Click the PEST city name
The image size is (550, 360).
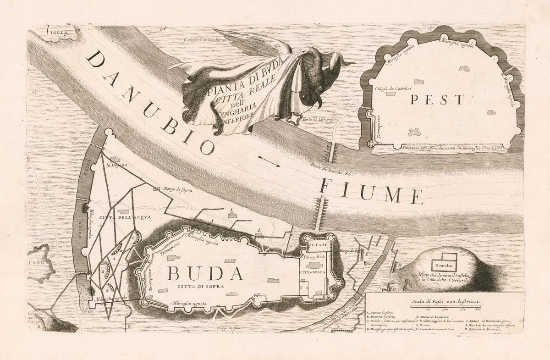(437, 100)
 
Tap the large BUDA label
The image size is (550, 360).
(204, 273)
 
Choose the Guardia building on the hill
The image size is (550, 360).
(444, 265)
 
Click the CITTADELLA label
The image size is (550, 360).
(313, 272)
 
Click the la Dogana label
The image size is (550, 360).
(116, 165)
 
